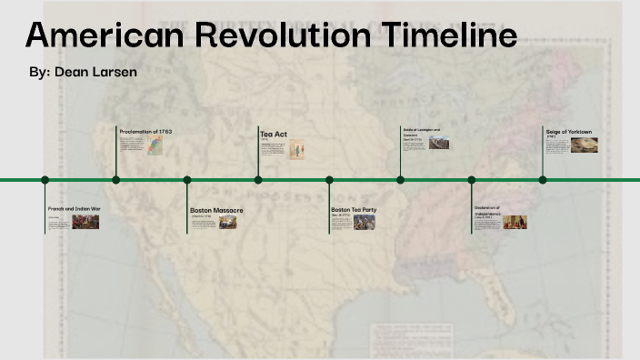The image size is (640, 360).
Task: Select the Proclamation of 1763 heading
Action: [x=145, y=132]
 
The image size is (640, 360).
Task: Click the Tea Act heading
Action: [x=274, y=135]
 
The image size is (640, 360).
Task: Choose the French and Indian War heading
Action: [x=75, y=209]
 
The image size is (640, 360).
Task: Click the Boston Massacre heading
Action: [x=216, y=210]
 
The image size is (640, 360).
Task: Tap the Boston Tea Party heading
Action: [x=354, y=210]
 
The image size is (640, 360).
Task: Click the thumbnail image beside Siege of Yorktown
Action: [x=585, y=145]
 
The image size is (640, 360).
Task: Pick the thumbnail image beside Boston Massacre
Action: [x=228, y=222]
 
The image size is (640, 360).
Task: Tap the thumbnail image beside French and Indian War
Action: [x=86, y=221]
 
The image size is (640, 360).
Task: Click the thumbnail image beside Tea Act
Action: [x=296, y=149]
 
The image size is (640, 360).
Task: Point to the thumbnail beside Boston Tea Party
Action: [x=365, y=222]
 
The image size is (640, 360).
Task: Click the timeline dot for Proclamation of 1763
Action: [x=116, y=180]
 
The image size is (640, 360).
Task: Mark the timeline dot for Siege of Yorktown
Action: [x=543, y=180]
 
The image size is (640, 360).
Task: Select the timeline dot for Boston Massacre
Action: [x=187, y=180]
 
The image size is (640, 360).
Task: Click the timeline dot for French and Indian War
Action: [x=45, y=180]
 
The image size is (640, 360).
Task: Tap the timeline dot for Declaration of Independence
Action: [x=472, y=180]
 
